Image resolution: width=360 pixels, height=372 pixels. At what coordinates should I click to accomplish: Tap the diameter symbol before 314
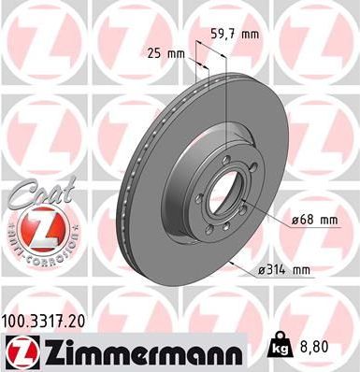(259, 270)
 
